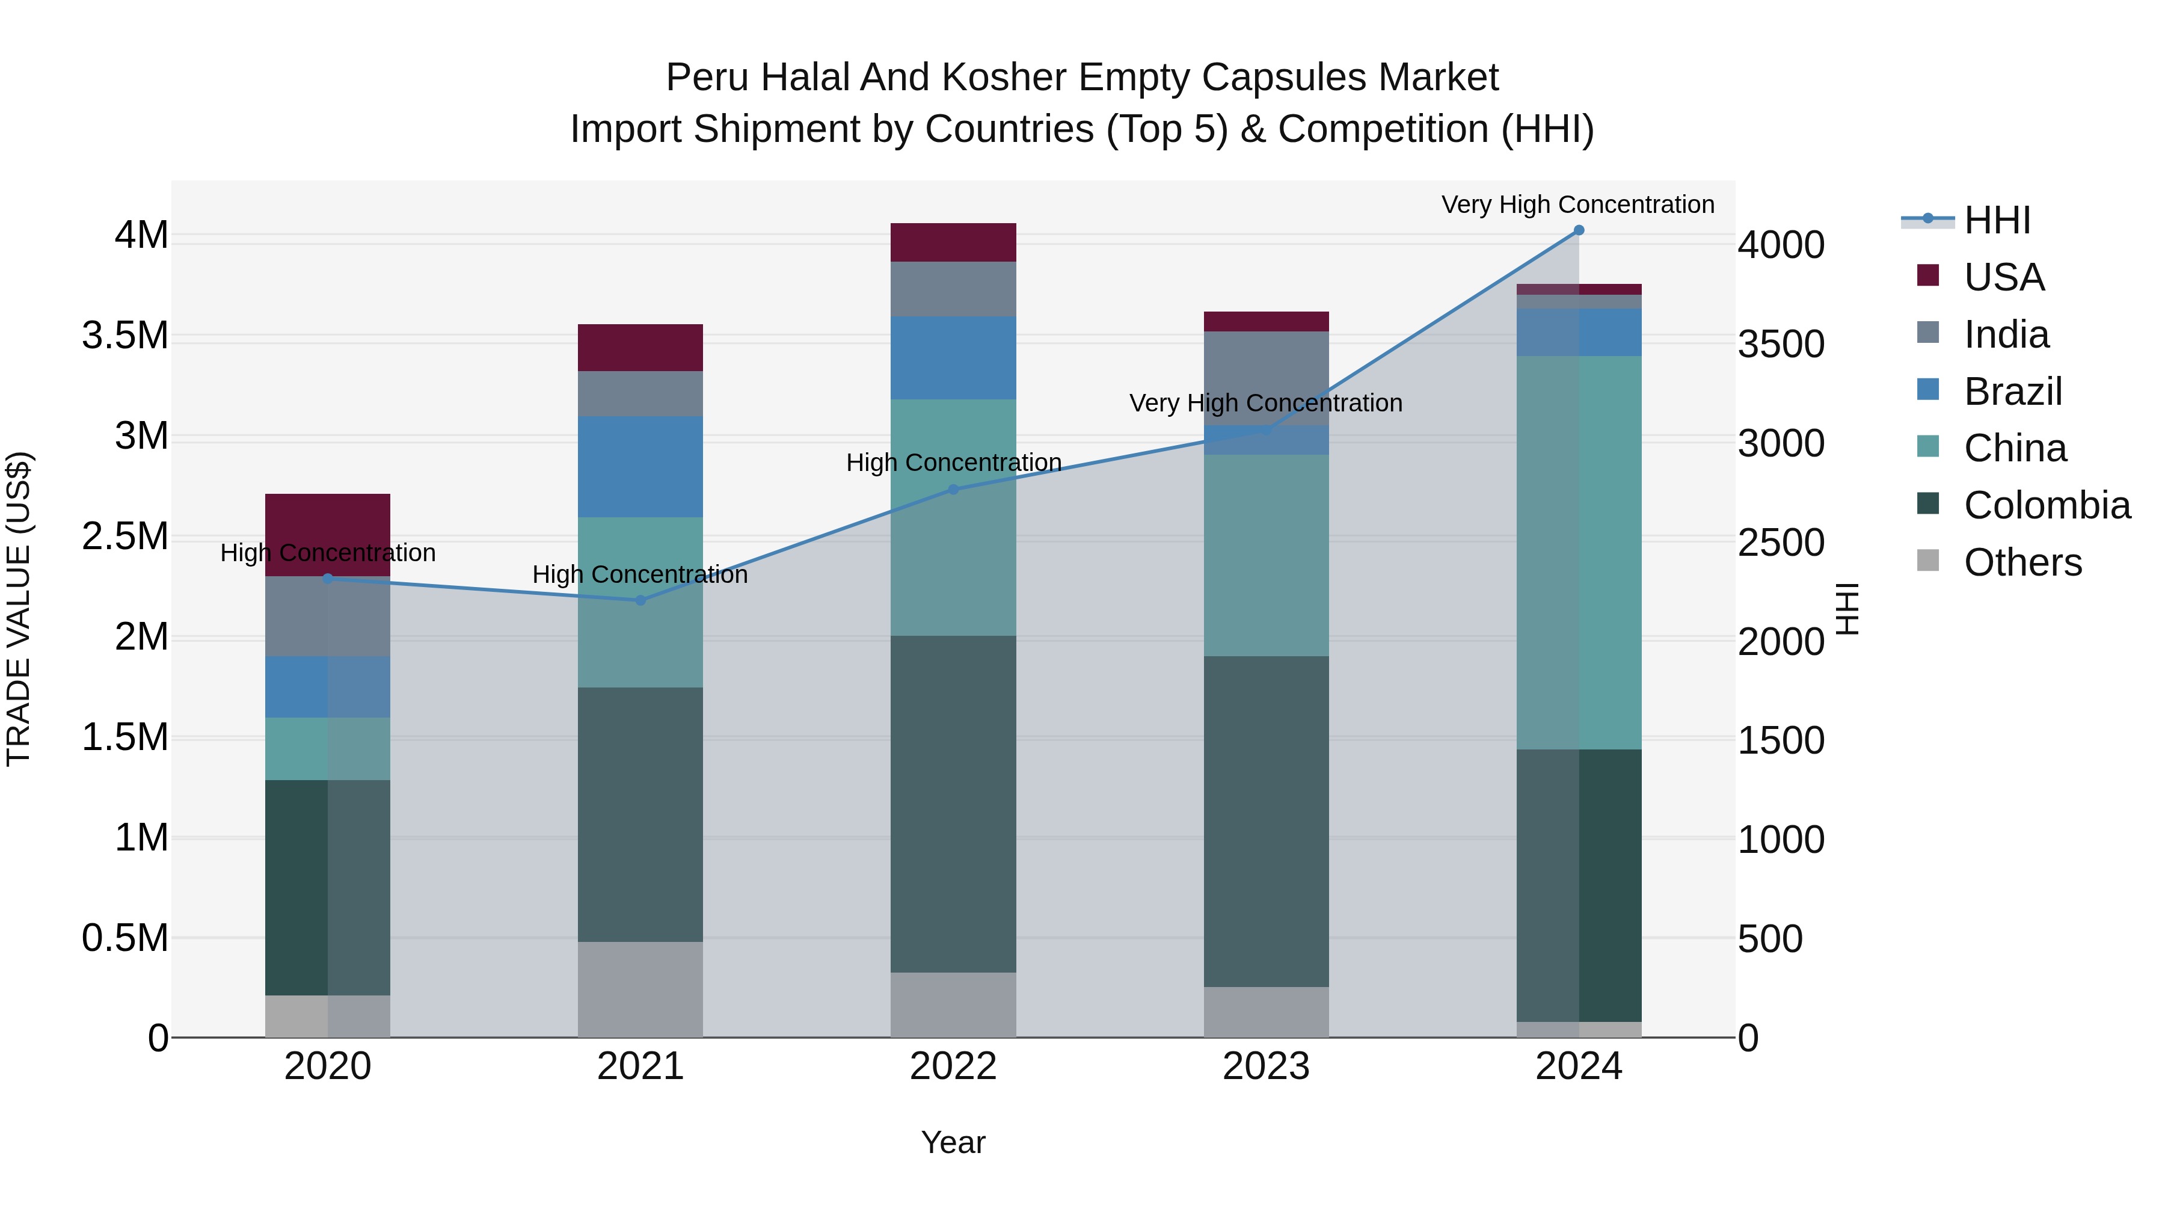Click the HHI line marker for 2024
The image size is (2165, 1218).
pos(1579,230)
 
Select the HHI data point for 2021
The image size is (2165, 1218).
pos(640,600)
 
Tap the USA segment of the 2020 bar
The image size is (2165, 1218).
pos(328,534)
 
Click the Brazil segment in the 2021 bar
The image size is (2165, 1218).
pos(640,467)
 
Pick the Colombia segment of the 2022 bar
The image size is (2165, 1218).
pos(953,803)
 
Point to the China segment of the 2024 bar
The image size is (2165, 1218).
pos(1579,552)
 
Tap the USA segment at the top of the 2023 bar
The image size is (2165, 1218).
pos(1266,321)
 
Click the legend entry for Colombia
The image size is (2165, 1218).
pos(2047,505)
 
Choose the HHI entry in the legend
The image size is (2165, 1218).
pos(1997,220)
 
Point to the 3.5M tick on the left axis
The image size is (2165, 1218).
pos(125,336)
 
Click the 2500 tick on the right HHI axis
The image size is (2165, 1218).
pos(1781,543)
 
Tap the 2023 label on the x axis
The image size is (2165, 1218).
pos(1266,1066)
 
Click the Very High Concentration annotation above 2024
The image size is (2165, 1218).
pos(1577,205)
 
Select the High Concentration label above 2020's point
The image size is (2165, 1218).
pos(328,553)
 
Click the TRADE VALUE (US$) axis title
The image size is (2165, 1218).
pos(19,609)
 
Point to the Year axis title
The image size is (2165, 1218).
pos(953,1142)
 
